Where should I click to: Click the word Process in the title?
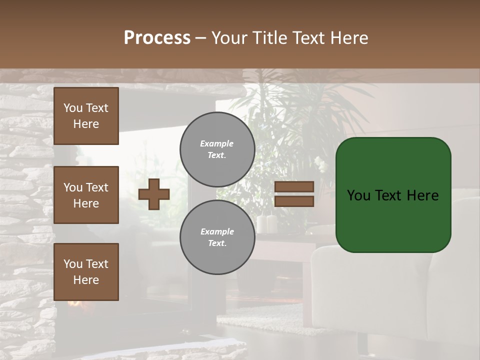(157, 38)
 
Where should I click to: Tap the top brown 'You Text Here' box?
(86, 116)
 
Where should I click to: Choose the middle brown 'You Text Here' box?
(86, 195)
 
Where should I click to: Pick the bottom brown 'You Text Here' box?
(86, 272)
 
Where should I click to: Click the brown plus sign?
(154, 194)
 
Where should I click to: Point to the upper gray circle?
(217, 149)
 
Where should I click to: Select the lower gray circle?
(217, 237)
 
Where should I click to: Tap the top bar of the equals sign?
(294, 187)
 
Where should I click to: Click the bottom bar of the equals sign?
(294, 201)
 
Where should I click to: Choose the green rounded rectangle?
(393, 195)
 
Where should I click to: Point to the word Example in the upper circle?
(217, 143)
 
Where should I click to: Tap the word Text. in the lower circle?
(217, 243)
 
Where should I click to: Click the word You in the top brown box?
(73, 108)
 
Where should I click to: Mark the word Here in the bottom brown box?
(86, 280)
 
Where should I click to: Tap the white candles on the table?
(266, 223)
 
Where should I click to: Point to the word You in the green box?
(358, 195)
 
